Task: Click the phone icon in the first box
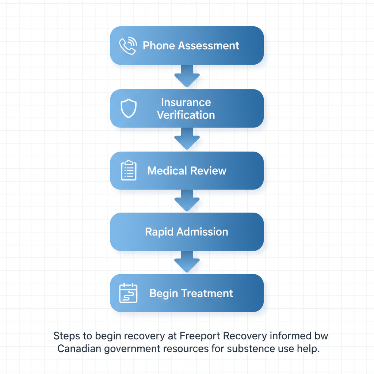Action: pos(128,46)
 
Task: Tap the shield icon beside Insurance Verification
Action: pos(129,108)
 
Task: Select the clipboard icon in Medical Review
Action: pos(129,171)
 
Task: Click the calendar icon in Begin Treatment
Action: pos(129,293)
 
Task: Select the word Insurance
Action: pos(186,102)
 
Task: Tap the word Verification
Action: pos(186,115)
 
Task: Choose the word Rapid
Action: pos(159,232)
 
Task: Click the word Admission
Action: pos(202,232)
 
